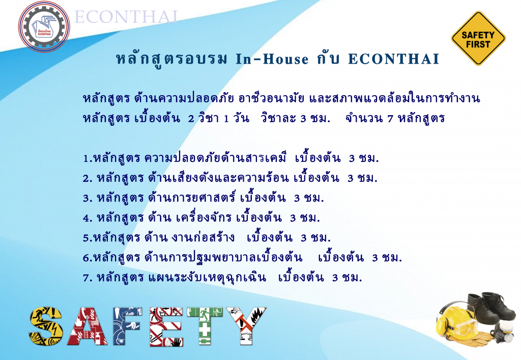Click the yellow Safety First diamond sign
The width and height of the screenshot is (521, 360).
pos(478,39)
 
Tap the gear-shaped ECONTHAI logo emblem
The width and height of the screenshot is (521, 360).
pos(44,26)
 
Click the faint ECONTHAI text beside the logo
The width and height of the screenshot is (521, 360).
pos(126,17)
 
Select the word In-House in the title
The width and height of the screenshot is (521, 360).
pos(272,59)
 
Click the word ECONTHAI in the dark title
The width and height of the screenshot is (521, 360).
pos(394,59)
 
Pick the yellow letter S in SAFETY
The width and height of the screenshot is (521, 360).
pos(46,326)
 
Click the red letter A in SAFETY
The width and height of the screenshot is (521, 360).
pos(88,326)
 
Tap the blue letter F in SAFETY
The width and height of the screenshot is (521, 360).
pos(127,326)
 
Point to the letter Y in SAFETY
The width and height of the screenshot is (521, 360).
pos(246,326)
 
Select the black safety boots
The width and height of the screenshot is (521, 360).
pos(491,308)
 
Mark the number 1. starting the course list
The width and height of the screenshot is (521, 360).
pos(88,158)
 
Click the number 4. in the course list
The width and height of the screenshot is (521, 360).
pos(88,218)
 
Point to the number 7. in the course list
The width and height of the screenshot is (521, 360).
pos(88,278)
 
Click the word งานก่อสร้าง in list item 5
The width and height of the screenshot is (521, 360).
pos(203,237)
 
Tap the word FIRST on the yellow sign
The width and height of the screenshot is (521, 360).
pos(478,44)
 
